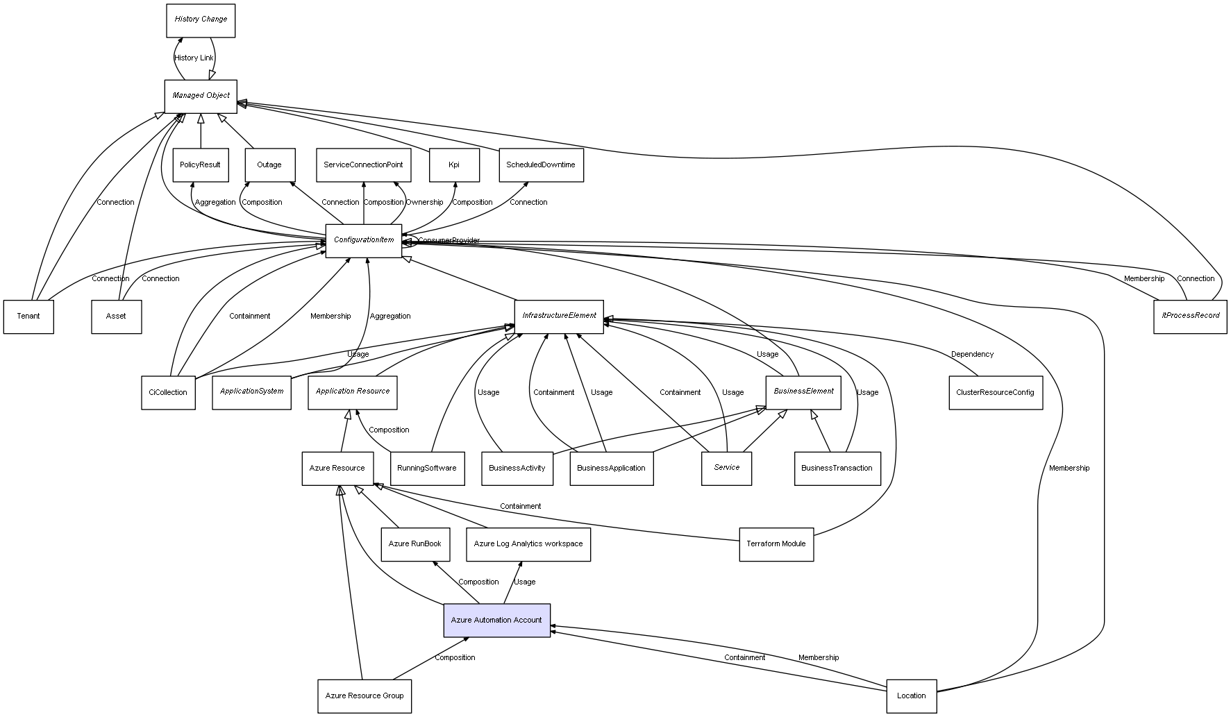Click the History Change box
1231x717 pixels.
coord(201,20)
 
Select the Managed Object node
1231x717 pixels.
coord(201,96)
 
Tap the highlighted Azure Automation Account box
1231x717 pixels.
coord(496,621)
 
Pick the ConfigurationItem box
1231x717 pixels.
coord(364,240)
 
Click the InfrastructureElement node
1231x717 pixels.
coord(559,316)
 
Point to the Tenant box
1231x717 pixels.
coord(28,317)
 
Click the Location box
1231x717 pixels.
coord(911,696)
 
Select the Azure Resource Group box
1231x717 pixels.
coord(365,696)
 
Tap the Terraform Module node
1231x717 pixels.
coord(776,544)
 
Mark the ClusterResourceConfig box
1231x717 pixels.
coord(995,393)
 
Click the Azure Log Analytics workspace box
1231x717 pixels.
coord(528,544)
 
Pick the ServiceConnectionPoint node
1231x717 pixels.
coord(363,165)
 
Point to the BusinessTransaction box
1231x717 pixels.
coord(837,469)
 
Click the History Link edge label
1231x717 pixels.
coord(194,58)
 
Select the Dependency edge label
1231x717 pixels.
coord(972,355)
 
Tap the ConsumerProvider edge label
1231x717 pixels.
coord(449,241)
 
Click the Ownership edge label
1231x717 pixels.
coord(424,203)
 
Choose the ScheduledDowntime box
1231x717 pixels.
coord(541,165)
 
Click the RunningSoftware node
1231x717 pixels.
coord(427,469)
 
